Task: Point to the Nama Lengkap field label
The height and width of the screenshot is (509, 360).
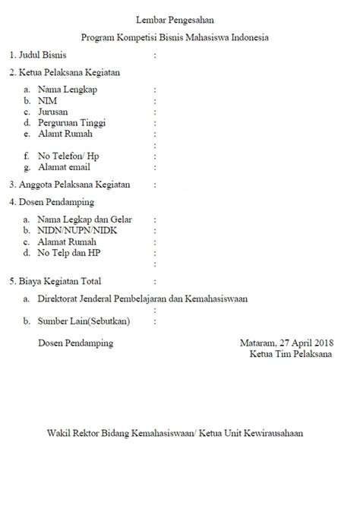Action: tap(68, 90)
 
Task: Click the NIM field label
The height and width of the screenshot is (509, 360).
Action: tap(47, 100)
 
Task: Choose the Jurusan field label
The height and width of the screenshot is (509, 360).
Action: tap(53, 112)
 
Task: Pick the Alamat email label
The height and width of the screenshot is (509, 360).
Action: tap(64, 167)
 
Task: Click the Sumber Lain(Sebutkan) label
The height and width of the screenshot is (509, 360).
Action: tap(84, 321)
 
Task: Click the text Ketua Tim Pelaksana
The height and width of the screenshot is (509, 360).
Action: tap(289, 355)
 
